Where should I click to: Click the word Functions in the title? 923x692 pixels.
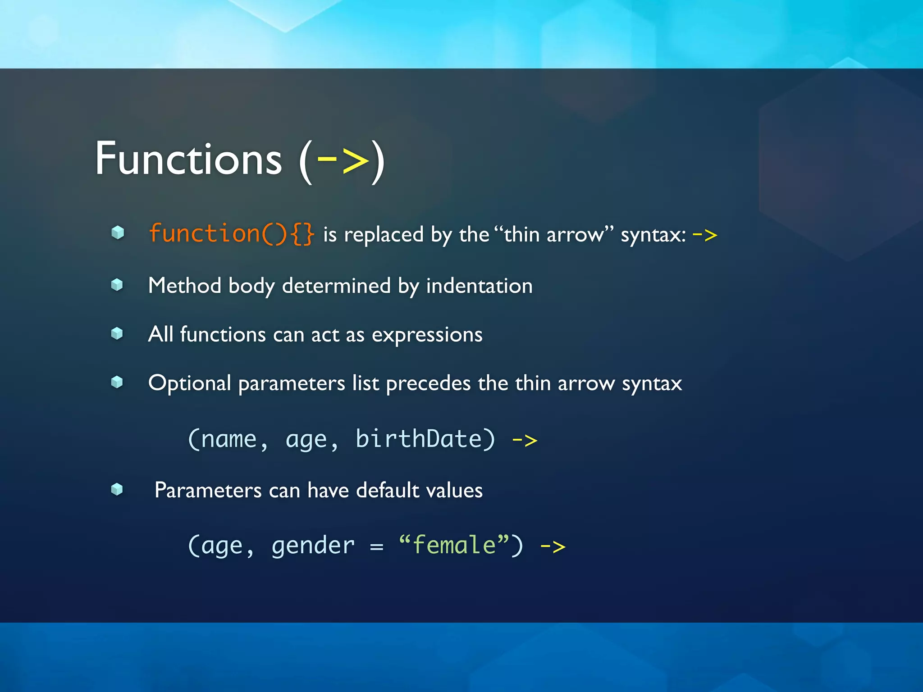(188, 159)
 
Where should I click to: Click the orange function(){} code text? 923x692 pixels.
(231, 234)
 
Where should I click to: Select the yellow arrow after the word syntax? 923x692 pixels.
(704, 235)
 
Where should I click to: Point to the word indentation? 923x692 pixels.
(479, 286)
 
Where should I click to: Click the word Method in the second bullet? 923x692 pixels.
(184, 286)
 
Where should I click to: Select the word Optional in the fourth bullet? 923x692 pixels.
(189, 383)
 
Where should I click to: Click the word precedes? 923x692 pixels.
(428, 383)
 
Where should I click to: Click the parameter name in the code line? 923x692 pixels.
(228, 440)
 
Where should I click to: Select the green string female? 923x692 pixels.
(454, 545)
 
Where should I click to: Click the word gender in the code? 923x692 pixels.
(313, 546)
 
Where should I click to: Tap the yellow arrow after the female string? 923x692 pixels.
(553, 547)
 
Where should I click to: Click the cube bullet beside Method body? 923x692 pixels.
(117, 285)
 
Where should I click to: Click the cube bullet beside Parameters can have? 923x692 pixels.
(117, 489)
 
